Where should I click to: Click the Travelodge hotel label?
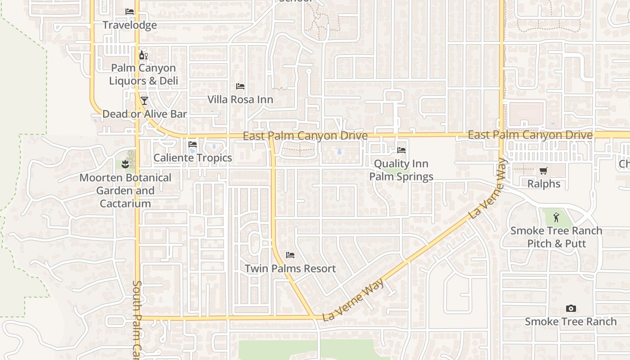point(130,25)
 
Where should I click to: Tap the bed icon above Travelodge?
point(130,11)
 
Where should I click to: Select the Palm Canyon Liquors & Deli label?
point(144,74)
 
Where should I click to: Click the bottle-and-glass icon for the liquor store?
point(144,55)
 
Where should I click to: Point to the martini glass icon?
point(144,100)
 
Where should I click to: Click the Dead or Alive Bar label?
point(144,114)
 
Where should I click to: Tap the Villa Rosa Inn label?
point(240,99)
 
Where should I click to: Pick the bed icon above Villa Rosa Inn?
point(240,86)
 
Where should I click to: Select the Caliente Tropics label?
point(193,158)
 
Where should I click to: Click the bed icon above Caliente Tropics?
point(193,144)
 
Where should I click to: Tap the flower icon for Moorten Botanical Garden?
point(126,164)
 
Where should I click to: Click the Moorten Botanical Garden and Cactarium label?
point(126,191)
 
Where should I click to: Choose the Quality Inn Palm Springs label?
point(401,170)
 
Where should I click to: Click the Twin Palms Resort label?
point(290,269)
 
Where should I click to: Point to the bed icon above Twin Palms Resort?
point(290,255)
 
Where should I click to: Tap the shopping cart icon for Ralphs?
point(544,171)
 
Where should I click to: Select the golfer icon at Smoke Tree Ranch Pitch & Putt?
point(557,217)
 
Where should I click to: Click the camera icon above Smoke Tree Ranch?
point(571,308)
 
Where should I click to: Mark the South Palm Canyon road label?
point(138,319)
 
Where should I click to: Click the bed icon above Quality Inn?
point(401,150)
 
